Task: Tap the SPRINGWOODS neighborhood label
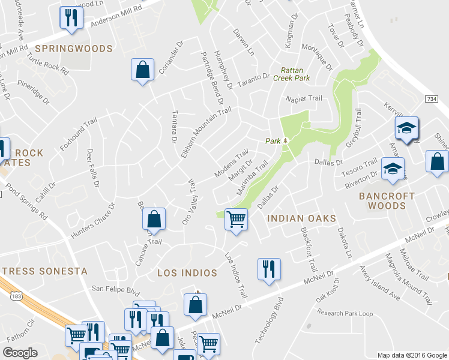coord(74,48)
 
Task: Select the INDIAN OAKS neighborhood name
coord(301,218)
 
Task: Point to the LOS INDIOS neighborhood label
coord(187,273)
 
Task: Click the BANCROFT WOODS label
coord(387,201)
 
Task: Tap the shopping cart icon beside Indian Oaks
coord(236,220)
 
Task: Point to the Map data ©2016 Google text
coord(411,355)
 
